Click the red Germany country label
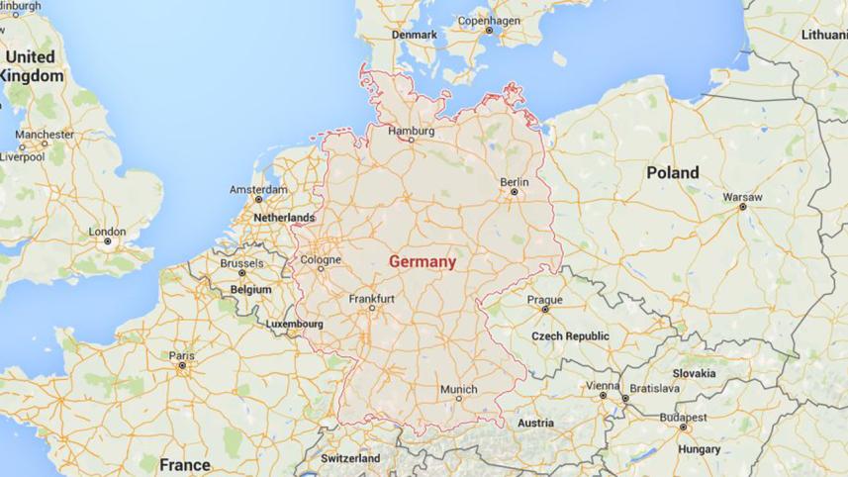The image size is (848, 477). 423,262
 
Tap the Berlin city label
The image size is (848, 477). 514,182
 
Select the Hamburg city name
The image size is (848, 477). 412,130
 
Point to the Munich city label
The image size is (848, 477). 458,389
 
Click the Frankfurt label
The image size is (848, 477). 372,298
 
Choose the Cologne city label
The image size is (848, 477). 321,260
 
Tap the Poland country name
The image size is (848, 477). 672,172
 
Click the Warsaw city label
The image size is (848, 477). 742,197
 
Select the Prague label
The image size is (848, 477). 544,300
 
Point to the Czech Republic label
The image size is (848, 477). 570,336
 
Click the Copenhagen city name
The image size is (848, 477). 489,20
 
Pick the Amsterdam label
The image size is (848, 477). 258,189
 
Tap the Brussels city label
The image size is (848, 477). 241,264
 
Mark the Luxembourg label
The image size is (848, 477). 295,324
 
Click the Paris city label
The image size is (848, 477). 181,355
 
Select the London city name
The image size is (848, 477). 107,232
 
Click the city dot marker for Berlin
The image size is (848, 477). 514,193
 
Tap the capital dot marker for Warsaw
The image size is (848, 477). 742,208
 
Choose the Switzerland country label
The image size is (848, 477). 350,459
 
